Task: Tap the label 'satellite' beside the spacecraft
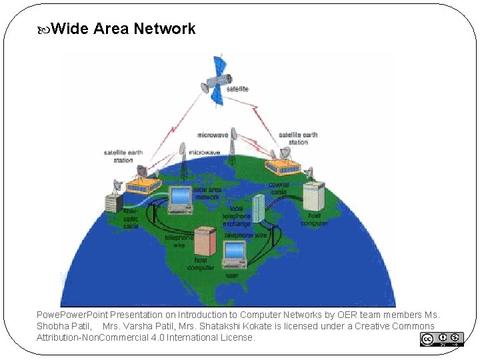click(238, 89)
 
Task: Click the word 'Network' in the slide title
click(165, 29)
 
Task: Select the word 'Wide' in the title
click(70, 29)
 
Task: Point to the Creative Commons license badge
click(441, 339)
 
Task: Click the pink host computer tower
click(205, 242)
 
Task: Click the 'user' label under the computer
click(232, 275)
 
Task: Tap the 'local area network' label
click(206, 194)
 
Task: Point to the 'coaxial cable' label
click(278, 188)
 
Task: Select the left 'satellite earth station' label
click(123, 156)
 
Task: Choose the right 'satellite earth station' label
click(298, 138)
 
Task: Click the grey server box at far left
click(113, 201)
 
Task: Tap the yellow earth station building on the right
click(283, 167)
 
